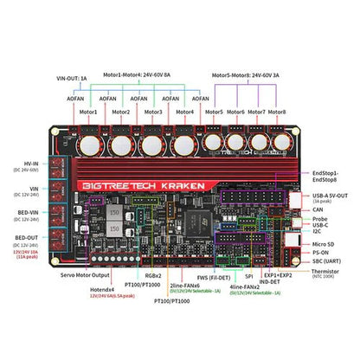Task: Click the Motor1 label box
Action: pos(88,112)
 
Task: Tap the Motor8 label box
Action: pos(277,112)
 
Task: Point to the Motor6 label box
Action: pos(236,112)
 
